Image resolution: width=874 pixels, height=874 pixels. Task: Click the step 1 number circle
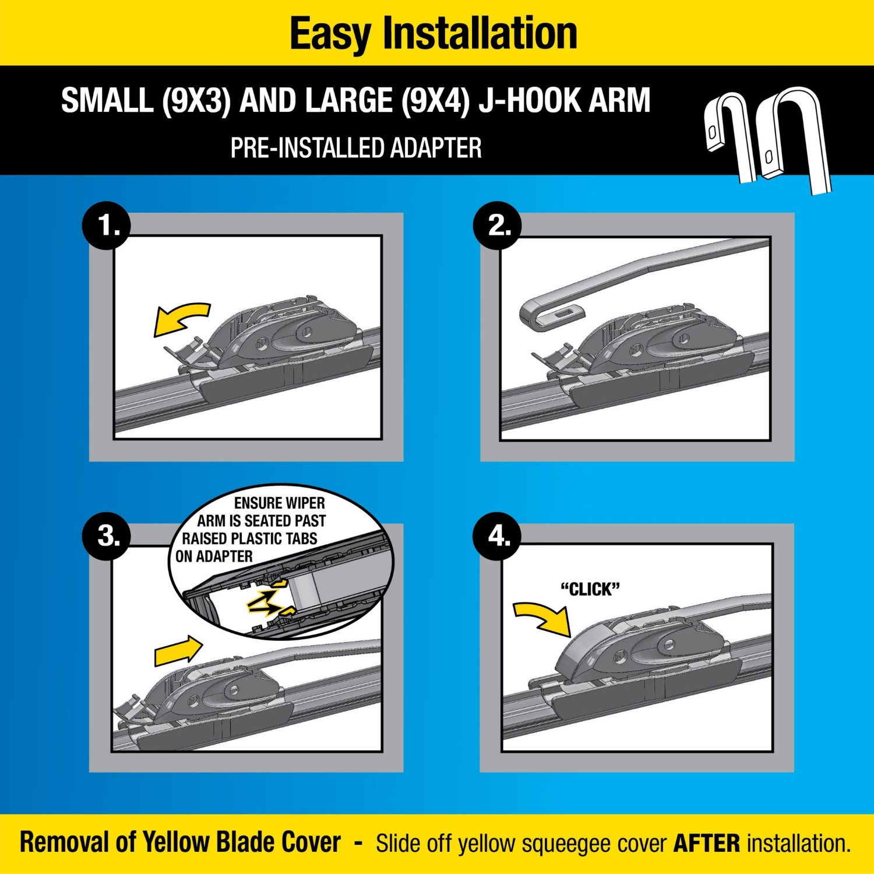107,225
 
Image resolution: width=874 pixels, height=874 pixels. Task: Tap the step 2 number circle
497,225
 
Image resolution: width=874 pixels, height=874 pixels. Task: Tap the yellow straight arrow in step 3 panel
178,651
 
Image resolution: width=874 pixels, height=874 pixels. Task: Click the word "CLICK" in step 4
590,589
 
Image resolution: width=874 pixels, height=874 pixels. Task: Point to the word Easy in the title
330,34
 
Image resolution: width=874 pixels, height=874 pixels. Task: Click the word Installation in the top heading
480,34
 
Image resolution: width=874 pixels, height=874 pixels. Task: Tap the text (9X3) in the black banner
196,101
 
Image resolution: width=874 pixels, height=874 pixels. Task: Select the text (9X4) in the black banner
435,101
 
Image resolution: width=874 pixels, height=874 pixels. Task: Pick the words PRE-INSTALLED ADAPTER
355,148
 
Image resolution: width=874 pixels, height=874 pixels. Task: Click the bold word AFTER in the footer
706,843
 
